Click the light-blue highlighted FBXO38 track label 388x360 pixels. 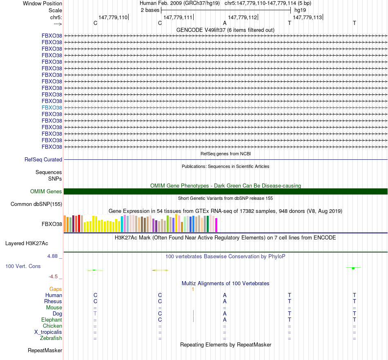(52, 107)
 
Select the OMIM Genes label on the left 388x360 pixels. (46, 191)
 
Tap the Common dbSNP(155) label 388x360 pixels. (36, 204)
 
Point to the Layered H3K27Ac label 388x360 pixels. (27, 244)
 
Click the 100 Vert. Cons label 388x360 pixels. (23, 266)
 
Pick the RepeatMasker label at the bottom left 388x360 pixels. (45, 351)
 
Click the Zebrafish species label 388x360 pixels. (51, 338)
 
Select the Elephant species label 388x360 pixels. (51, 320)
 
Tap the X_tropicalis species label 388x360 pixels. (48, 332)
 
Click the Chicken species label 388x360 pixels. (52, 326)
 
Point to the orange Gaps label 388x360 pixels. (56, 289)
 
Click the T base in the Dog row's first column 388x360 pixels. (95, 313)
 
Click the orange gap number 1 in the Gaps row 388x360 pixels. (192, 289)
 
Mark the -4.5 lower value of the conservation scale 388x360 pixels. (55, 276)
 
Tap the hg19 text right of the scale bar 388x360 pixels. (300, 9)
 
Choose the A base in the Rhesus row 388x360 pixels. (225, 301)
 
